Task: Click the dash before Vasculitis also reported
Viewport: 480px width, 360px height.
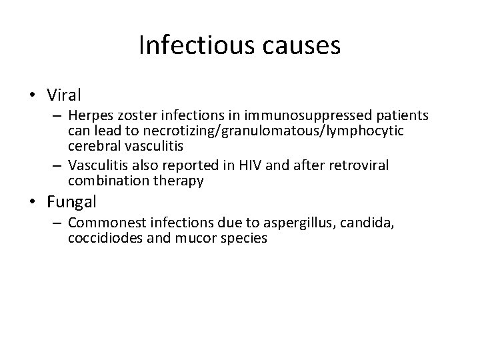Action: point(59,165)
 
